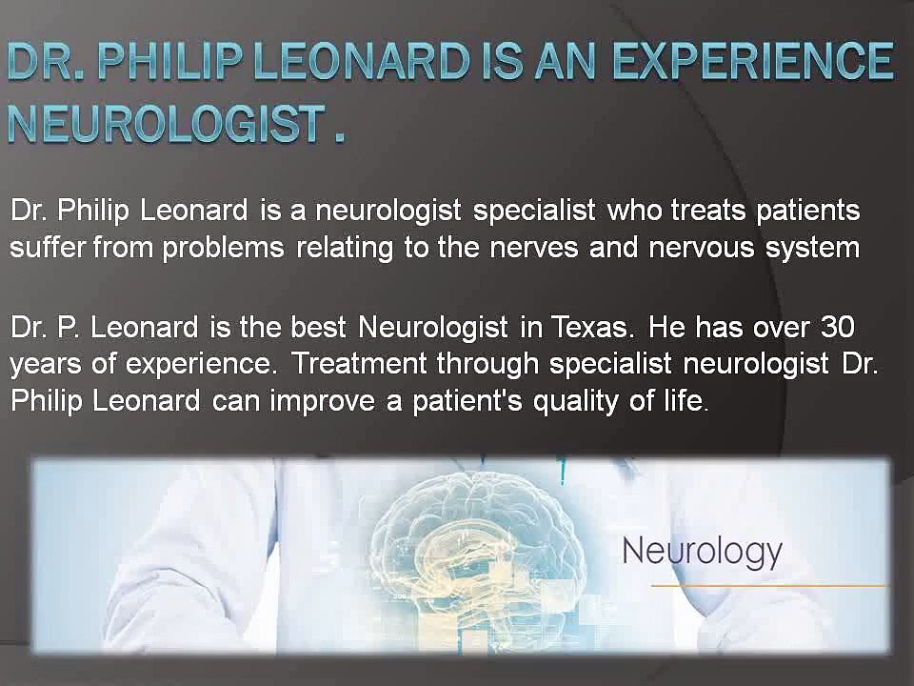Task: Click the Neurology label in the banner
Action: [x=702, y=551]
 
